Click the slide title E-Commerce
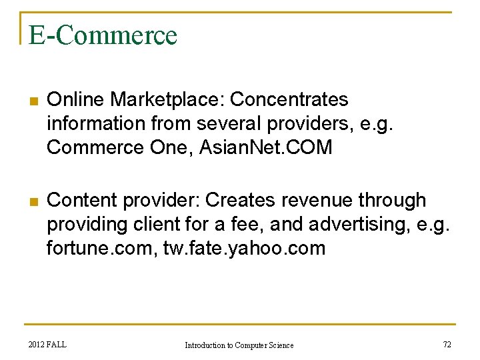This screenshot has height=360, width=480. tap(103, 35)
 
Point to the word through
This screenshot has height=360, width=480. tap(397, 200)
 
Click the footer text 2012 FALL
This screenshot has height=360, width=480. tap(48, 344)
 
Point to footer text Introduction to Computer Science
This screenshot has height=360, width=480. tap(239, 345)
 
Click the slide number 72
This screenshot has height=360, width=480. tap(447, 344)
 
